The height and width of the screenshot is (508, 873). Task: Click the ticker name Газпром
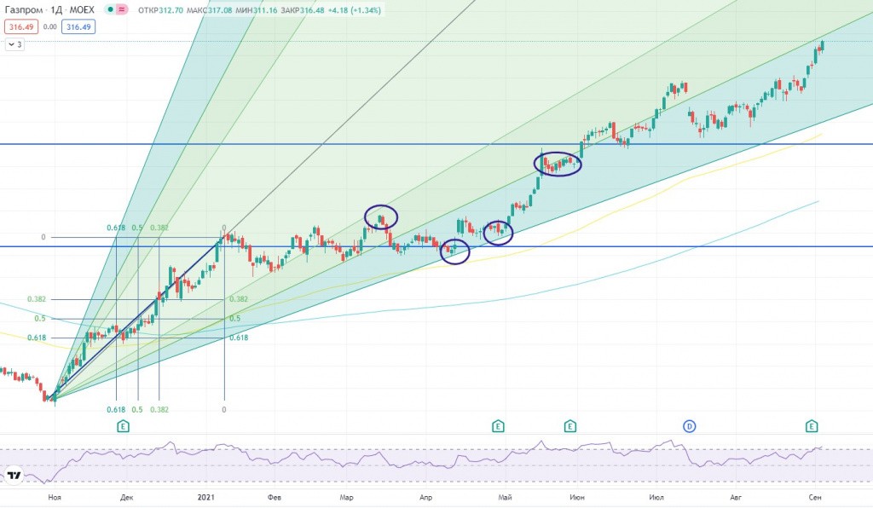pos(26,10)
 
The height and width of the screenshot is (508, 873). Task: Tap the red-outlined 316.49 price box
pos(20,26)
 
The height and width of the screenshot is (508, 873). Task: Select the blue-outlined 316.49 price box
pos(78,26)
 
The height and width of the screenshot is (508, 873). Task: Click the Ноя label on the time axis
pos(55,496)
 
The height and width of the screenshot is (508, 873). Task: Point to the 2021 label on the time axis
pos(206,496)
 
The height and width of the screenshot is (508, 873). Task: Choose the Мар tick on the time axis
pos(346,496)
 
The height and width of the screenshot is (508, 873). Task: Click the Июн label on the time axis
pos(577,496)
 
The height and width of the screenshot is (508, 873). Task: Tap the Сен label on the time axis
pos(815,496)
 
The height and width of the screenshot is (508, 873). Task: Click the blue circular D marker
pos(689,424)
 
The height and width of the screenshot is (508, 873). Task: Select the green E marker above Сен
pos(812,424)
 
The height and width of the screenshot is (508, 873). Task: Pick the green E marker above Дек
pos(124,424)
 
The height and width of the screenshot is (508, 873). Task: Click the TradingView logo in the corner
pos(14,476)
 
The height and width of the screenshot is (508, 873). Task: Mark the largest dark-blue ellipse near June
pos(558,163)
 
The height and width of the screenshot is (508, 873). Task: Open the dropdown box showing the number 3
pos(15,44)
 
